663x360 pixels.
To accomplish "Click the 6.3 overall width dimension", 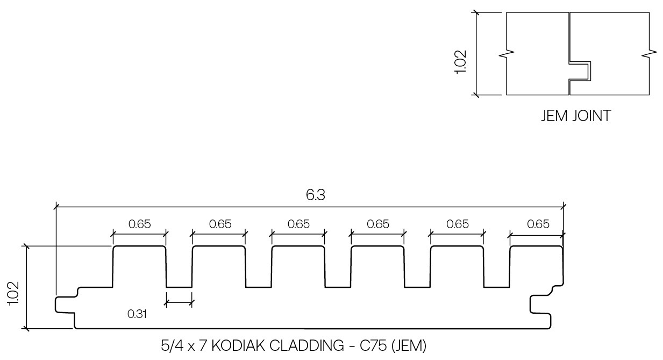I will click(316, 195).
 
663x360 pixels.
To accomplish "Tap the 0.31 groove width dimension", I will click(137, 314).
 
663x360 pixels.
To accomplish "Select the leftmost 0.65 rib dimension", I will click(140, 224).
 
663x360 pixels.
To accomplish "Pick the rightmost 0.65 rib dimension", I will click(538, 224).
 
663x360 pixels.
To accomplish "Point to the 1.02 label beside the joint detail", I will click(461, 62).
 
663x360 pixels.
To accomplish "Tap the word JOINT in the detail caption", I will click(591, 116).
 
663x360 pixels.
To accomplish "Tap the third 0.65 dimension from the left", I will click(298, 224).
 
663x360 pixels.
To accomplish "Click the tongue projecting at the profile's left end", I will click(65, 303).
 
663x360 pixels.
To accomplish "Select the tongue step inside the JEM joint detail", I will click(581, 70).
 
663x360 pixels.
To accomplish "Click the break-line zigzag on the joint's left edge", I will click(508, 54).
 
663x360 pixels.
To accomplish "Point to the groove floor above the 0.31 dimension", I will click(179, 287).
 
